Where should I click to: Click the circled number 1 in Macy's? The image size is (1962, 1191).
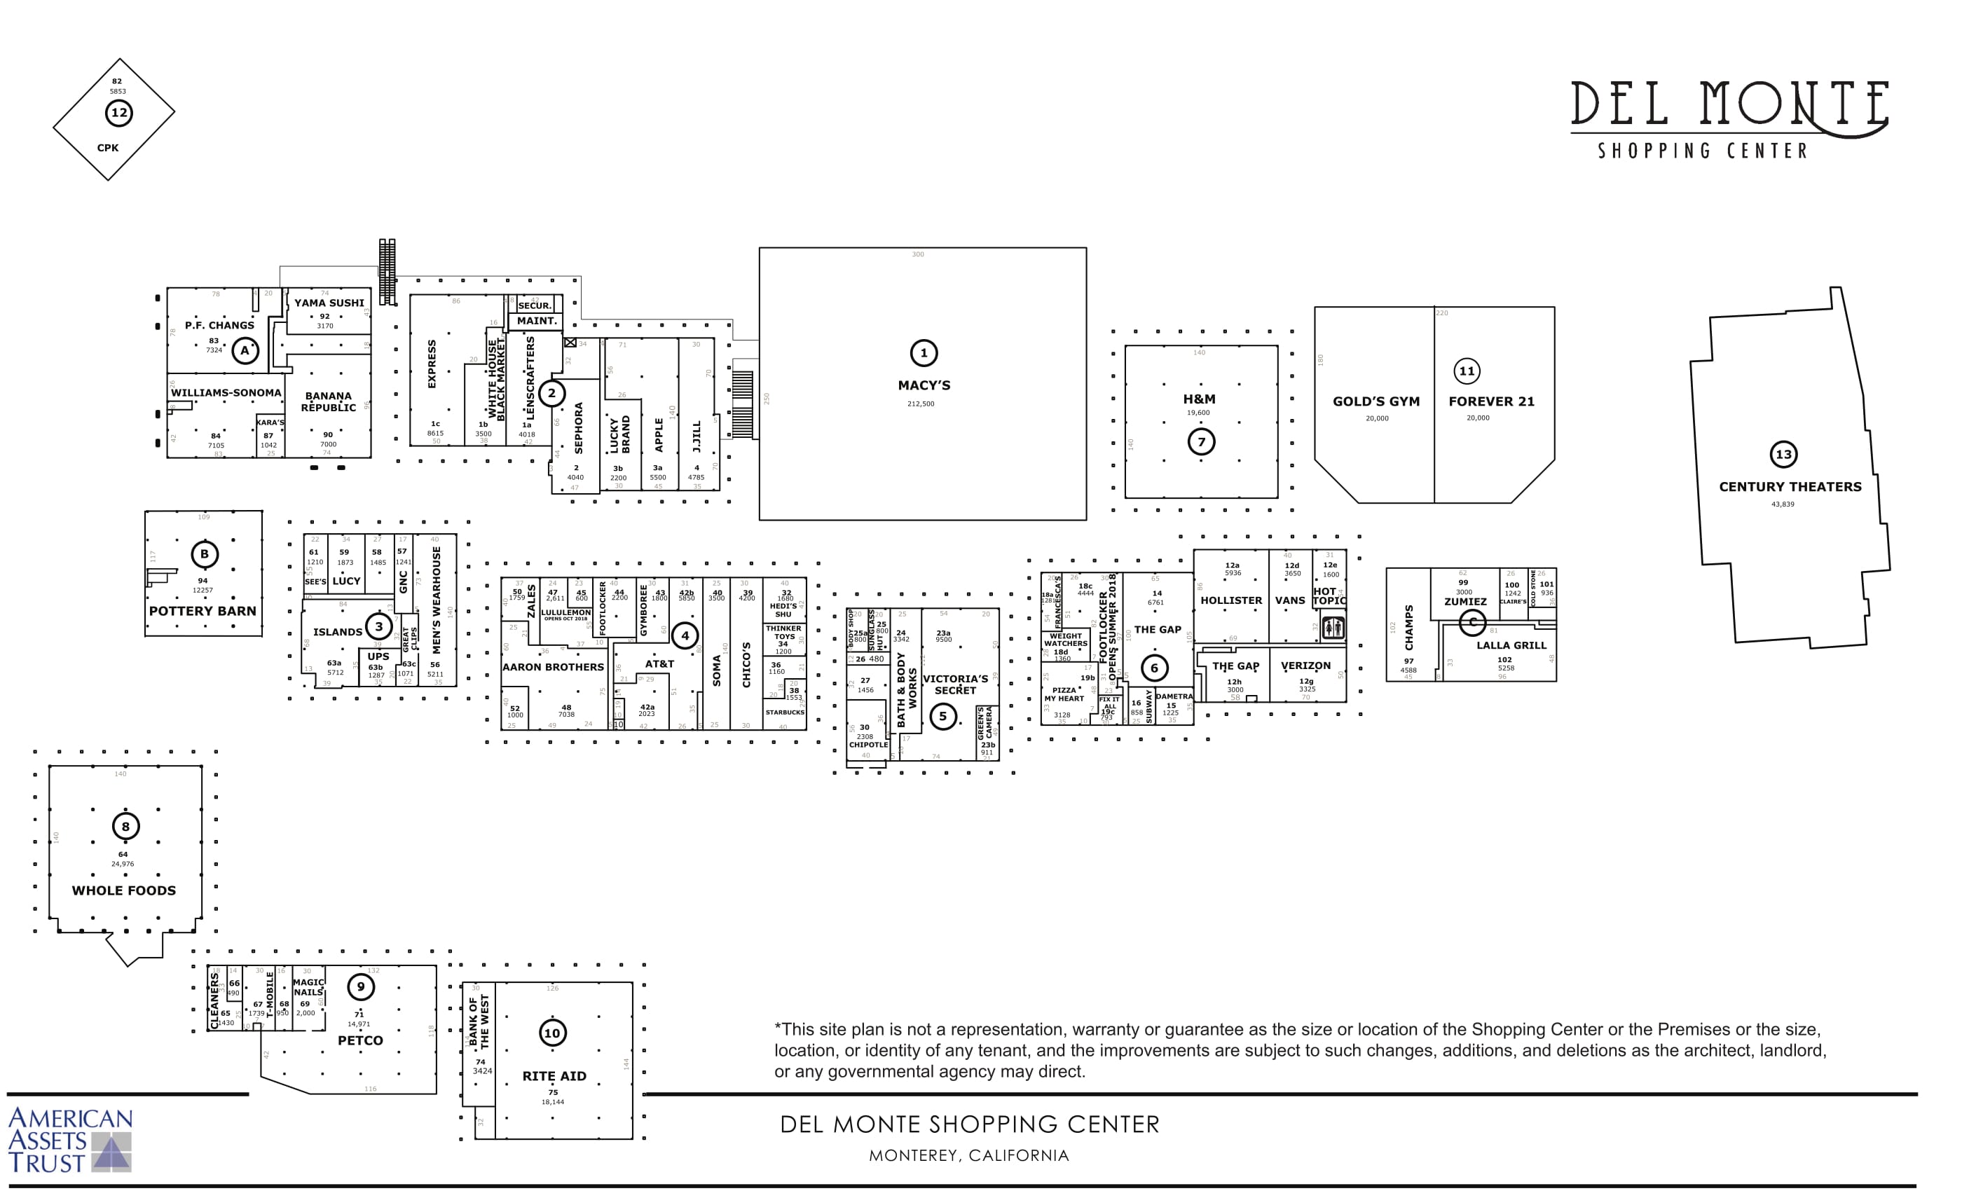pos(924,352)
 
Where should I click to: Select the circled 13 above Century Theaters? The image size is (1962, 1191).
pos(1783,455)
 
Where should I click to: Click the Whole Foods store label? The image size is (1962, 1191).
pos(123,890)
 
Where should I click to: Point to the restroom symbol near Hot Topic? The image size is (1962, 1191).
pos(1333,627)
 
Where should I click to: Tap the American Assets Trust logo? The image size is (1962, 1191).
pos(70,1140)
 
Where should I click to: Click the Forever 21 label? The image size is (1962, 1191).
pos(1490,401)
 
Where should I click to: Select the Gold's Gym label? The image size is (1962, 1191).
pos(1376,401)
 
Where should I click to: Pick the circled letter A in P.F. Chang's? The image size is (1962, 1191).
pos(245,350)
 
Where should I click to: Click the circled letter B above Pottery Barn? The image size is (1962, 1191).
pos(204,554)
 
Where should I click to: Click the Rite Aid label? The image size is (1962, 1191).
pos(554,1075)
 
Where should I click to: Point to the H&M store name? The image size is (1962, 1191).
pos(1198,399)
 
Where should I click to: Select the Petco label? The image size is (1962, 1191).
pos(360,1040)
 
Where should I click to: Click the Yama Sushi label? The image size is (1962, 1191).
pos(329,303)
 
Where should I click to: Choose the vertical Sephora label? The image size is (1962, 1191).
pos(578,427)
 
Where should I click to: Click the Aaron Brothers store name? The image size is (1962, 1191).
pos(553,667)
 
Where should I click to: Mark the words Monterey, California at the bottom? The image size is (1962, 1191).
pos(968,1155)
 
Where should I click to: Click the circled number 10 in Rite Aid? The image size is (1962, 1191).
pos(552,1033)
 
